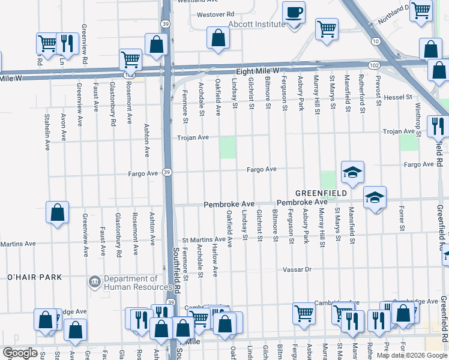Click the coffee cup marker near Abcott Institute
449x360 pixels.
[x=294, y=13]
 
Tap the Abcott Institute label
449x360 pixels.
[x=256, y=25]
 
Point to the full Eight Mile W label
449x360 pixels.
[x=258, y=71]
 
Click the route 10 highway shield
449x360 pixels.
[x=375, y=41]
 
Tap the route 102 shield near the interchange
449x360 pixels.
[x=375, y=65]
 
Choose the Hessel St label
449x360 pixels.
[x=399, y=97]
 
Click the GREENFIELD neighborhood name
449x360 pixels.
[x=321, y=193]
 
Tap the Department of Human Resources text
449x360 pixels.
[x=131, y=283]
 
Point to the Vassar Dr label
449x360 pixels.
[x=298, y=270]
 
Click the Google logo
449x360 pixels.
[x=20, y=353]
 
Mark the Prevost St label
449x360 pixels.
[x=379, y=91]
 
